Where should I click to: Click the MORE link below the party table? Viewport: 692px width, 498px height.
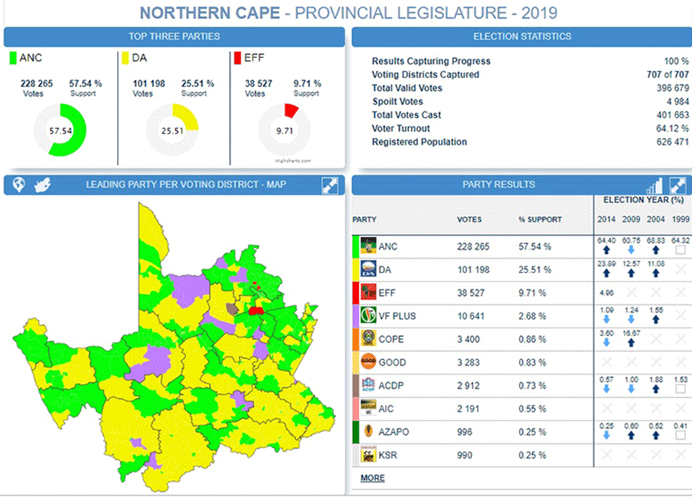pos(372,478)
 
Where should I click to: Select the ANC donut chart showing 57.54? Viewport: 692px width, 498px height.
pos(60,130)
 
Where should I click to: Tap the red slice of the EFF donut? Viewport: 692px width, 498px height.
pos(291,109)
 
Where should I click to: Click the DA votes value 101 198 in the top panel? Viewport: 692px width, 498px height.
pos(149,84)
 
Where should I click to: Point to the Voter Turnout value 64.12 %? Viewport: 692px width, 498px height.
pos(668,129)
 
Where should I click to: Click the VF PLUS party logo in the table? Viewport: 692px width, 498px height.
pos(368,316)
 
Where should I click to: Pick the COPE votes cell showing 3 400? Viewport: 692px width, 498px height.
pos(469,340)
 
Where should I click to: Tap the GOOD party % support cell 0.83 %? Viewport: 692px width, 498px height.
pos(532,362)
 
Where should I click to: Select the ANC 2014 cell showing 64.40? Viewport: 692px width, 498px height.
pos(605,241)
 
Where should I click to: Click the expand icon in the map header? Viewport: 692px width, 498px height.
pos(329,185)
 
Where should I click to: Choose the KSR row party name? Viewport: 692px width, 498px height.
pos(388,455)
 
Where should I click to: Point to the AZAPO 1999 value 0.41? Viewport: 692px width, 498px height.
pos(682,426)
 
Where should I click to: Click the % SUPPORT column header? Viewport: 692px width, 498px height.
pos(540,219)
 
